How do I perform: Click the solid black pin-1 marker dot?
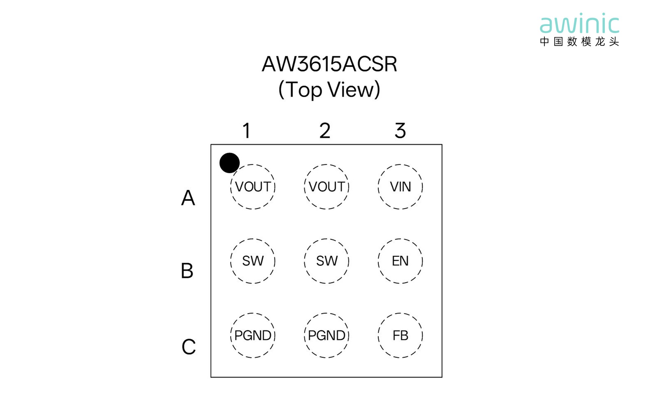(229, 163)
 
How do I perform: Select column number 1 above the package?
(246, 130)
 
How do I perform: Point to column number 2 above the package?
(325, 130)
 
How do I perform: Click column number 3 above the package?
(400, 130)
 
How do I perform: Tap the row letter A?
(188, 198)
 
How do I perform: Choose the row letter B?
(187, 271)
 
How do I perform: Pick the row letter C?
(188, 346)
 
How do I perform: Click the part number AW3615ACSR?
(329, 64)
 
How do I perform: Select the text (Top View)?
(329, 90)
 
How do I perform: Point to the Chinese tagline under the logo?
(580, 42)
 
